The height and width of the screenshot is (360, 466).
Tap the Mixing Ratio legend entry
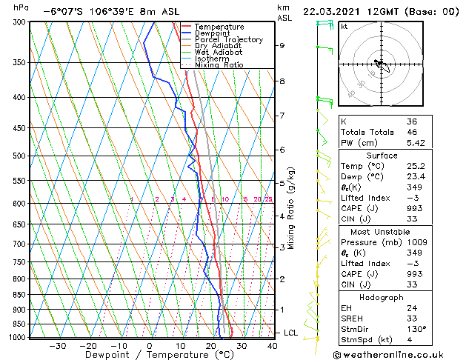pos(219,65)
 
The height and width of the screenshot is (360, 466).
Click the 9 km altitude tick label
pos(282,45)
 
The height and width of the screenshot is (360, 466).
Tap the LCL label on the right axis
pos(290,333)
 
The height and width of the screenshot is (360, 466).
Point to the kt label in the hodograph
pos(344,27)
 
